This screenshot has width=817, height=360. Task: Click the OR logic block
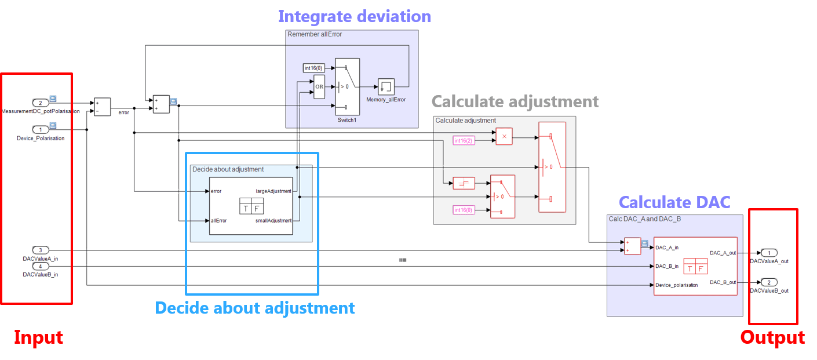click(x=319, y=87)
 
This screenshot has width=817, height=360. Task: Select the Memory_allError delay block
click(x=386, y=87)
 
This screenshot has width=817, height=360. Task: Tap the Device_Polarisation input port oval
click(x=40, y=129)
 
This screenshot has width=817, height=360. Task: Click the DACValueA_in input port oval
click(x=40, y=250)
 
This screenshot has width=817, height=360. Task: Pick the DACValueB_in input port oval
click(x=40, y=266)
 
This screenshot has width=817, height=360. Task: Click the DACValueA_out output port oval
click(x=768, y=253)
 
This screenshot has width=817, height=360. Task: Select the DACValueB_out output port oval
click(x=768, y=282)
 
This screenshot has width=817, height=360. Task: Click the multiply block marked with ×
click(x=504, y=136)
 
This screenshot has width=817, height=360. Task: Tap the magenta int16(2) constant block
click(x=464, y=140)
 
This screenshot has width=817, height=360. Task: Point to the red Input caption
click(x=38, y=337)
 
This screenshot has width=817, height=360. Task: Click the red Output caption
click(x=772, y=337)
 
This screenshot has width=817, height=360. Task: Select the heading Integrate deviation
click(x=354, y=16)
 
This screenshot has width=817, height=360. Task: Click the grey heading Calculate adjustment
click(x=515, y=101)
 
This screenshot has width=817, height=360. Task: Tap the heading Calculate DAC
click(x=674, y=202)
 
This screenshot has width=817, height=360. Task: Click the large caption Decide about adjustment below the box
click(x=255, y=307)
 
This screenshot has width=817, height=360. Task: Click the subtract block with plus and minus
click(x=102, y=107)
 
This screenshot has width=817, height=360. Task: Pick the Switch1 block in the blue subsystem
click(x=348, y=86)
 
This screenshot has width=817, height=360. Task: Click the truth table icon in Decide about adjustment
click(x=252, y=206)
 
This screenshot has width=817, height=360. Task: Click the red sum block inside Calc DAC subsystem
click(x=633, y=246)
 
